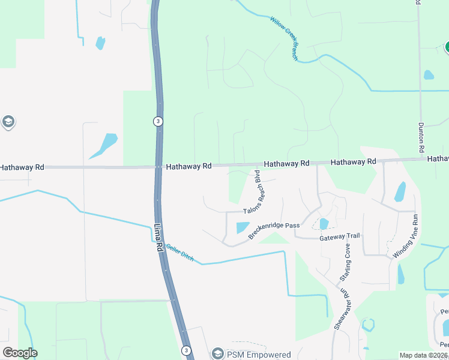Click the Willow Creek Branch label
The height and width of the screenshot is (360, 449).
[284, 38]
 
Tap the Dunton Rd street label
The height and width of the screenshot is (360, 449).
[421, 137]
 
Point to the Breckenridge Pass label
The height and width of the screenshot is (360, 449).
[274, 230]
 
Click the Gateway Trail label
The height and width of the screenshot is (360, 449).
[339, 236]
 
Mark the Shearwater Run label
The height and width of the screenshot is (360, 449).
[341, 308]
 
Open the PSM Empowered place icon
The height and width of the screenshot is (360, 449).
[217, 353]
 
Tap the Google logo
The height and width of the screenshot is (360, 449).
[20, 353]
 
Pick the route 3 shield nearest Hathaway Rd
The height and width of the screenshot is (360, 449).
[157, 121]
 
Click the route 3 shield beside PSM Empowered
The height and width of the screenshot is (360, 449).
[187, 350]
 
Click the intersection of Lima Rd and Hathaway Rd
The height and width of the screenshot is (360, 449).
[157, 166]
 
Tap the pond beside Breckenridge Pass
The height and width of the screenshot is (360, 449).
[243, 228]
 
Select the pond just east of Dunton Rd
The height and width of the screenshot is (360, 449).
[429, 75]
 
